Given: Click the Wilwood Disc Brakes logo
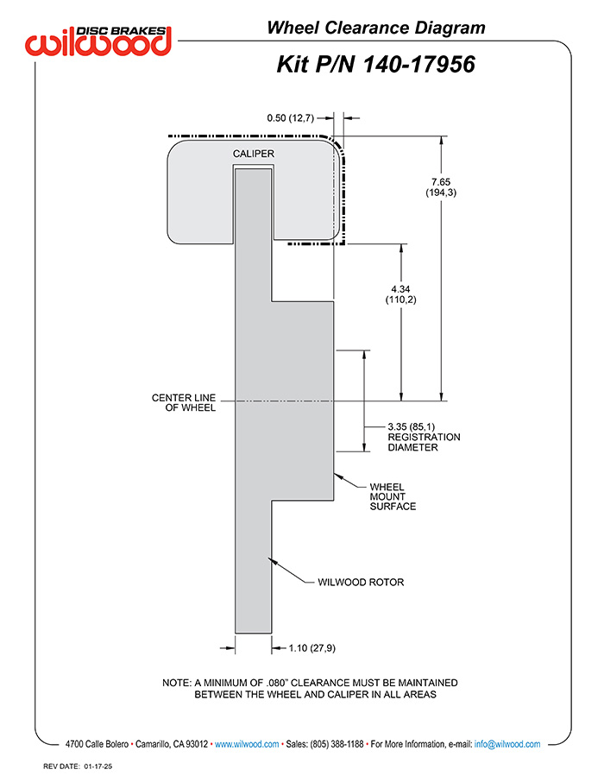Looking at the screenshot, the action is click(98, 41).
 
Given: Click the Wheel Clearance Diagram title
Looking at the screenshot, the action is click(376, 28).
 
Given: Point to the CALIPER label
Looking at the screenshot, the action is click(254, 154).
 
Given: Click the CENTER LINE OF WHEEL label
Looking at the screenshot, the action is click(184, 402).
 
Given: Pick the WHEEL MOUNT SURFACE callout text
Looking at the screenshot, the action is click(393, 496).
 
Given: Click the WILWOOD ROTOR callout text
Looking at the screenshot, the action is click(361, 582).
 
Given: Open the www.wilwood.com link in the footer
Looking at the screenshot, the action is click(247, 744).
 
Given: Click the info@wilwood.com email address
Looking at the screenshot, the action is click(507, 744).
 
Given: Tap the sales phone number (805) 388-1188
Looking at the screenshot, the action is click(337, 744).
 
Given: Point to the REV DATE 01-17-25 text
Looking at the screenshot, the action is click(78, 766).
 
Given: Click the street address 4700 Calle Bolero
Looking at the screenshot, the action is click(97, 744).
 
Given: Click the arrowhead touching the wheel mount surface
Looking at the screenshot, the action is click(338, 476).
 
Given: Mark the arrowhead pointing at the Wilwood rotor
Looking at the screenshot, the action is click(273, 562).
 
